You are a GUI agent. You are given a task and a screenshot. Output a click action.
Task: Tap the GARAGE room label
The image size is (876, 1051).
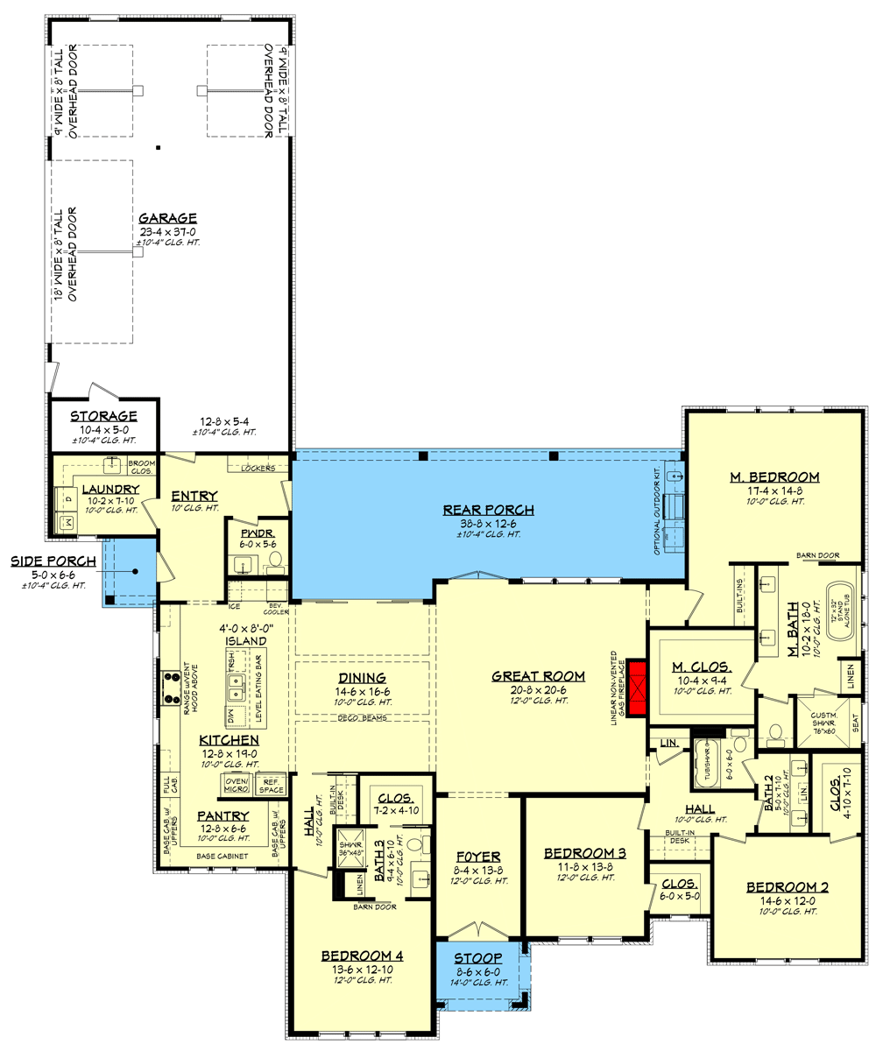pyautogui.click(x=167, y=219)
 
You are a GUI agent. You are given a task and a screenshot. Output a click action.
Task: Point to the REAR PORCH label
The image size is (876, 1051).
pyautogui.click(x=476, y=510)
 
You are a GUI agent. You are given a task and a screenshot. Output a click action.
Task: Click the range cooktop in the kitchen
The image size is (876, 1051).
pyautogui.click(x=168, y=687)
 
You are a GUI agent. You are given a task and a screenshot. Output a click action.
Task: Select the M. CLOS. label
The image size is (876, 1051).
pyautogui.click(x=703, y=666)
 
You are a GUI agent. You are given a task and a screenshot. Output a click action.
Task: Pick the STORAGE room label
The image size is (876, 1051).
pyautogui.click(x=103, y=416)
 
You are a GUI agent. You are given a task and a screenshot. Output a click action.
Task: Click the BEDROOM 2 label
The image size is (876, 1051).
pyautogui.click(x=787, y=886)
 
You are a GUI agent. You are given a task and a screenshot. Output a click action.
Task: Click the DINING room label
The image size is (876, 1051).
pyautogui.click(x=363, y=678)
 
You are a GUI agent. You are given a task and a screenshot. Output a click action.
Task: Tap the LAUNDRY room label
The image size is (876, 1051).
pyautogui.click(x=111, y=489)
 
